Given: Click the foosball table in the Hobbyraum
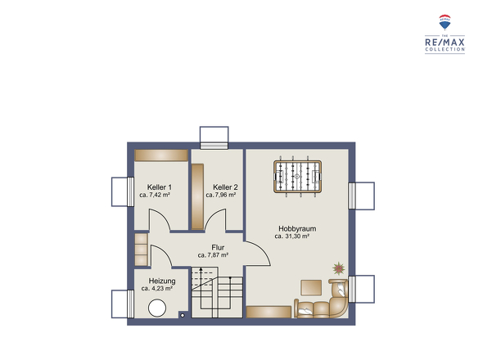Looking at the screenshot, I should click(296, 175).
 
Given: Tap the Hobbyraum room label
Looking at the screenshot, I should click(297, 228).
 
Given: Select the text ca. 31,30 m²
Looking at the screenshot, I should click(292, 236).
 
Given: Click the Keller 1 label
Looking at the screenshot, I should click(154, 187).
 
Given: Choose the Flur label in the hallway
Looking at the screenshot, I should click(218, 247).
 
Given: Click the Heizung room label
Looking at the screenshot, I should click(156, 280).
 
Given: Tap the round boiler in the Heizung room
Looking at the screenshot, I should click(156, 308).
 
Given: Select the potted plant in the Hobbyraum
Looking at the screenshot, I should click(337, 268).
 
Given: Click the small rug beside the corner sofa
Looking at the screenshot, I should click(311, 287).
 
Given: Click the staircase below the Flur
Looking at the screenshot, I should click(217, 294).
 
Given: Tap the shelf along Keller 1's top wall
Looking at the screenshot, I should click(161, 155).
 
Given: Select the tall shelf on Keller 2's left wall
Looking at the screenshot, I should click(197, 196).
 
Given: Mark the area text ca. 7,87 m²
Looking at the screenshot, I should click(213, 255).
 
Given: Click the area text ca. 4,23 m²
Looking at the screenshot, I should click(156, 288).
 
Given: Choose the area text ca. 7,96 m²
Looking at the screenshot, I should click(221, 195).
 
